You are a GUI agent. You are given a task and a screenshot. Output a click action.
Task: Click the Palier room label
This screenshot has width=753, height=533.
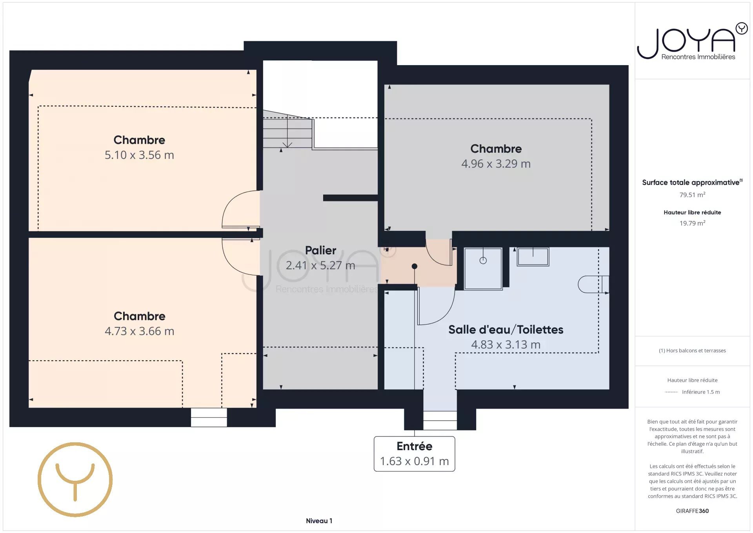(320, 250)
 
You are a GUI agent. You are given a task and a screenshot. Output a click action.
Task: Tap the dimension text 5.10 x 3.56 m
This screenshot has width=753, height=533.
(139, 155)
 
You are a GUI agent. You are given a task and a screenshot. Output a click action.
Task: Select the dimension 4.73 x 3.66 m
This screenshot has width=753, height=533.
(139, 331)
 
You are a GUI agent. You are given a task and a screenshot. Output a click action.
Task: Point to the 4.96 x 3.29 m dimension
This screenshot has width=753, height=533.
(496, 164)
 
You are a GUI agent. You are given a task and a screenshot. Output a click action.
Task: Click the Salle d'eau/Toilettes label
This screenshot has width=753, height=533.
(506, 330)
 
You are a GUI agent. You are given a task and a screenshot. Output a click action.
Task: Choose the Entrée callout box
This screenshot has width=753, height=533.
(414, 454)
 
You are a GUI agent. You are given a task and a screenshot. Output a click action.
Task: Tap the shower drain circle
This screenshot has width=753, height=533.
(483, 260)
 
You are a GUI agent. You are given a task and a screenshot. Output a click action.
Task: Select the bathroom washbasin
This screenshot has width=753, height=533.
(533, 257)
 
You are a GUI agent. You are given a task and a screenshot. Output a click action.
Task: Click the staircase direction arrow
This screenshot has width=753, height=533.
(287, 131)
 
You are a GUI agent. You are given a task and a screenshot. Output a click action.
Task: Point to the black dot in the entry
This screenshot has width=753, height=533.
(414, 266)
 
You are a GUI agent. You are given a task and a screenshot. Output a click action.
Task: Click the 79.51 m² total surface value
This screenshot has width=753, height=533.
(692, 195)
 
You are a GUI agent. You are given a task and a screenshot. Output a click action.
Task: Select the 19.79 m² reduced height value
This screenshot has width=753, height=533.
(692, 223)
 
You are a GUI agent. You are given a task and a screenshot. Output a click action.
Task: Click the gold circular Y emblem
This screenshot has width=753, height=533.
(75, 480)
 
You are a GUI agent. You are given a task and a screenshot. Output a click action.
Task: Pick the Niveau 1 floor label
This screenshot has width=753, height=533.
(319, 521)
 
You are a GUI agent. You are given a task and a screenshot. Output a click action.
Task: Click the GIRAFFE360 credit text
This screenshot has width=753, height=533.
(692, 511)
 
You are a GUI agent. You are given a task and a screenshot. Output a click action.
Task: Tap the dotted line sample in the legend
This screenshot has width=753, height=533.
(671, 392)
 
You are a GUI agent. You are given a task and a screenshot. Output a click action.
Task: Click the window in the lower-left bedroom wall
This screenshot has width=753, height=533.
(209, 417)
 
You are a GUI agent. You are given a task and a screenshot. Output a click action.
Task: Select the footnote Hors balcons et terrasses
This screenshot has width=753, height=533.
(692, 350)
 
